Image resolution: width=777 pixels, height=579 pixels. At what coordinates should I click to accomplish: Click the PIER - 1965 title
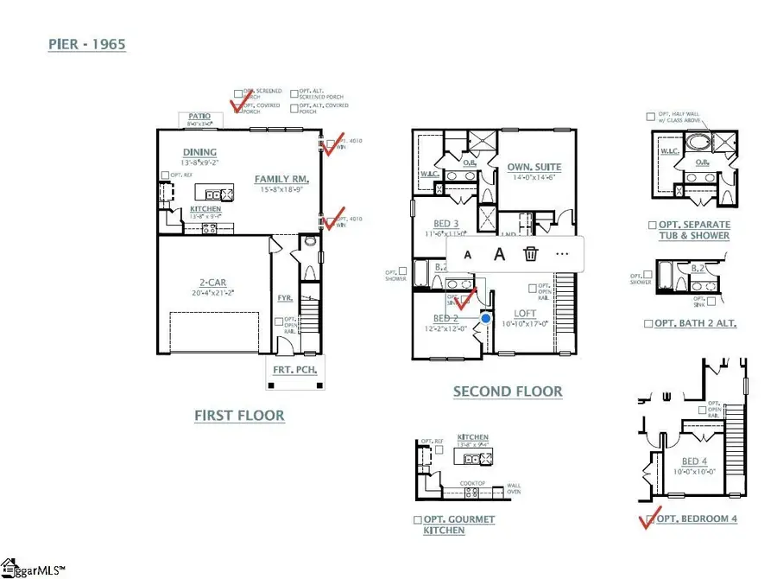pos(86,44)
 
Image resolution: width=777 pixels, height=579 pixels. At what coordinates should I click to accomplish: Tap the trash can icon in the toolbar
pos(531,254)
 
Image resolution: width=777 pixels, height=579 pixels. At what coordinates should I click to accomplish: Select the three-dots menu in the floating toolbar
pos(563,254)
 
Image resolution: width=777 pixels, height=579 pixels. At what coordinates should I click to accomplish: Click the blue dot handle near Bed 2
pos(486,319)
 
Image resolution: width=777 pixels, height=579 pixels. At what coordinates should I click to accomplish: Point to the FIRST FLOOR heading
pos(239,416)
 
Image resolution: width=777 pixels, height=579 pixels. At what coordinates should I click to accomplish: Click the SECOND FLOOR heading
pos(508,391)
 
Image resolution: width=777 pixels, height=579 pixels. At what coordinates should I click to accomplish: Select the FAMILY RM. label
pos(281,180)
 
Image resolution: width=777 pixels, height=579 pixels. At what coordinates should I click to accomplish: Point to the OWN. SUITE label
pos(534,167)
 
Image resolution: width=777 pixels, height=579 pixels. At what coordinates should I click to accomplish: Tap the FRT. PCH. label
pos(296,370)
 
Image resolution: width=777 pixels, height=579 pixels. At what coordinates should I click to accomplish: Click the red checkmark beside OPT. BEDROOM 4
pos(646,519)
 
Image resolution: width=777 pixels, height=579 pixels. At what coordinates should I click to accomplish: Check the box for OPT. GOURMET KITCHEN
pos(418,520)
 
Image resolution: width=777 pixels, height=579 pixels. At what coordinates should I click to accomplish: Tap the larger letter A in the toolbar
pos(499,254)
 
